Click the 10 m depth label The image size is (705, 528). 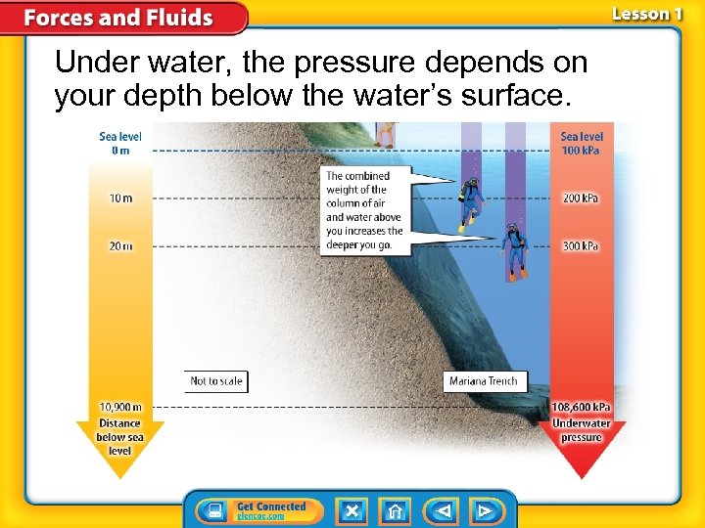(120, 198)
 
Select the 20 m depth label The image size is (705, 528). (120, 246)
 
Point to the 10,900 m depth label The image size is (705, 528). (120, 407)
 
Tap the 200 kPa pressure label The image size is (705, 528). (581, 198)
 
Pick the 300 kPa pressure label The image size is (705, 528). (581, 246)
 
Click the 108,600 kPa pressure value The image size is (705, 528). (582, 408)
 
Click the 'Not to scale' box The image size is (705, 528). (215, 380)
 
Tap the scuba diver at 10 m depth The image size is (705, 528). (472, 202)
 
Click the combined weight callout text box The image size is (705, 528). (363, 210)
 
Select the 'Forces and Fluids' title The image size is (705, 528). (118, 18)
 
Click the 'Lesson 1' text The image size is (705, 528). (647, 14)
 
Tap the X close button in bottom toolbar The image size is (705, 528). (352, 510)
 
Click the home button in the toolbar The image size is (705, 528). (396, 510)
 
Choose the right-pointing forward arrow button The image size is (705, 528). (484, 510)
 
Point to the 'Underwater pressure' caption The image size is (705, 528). (582, 430)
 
